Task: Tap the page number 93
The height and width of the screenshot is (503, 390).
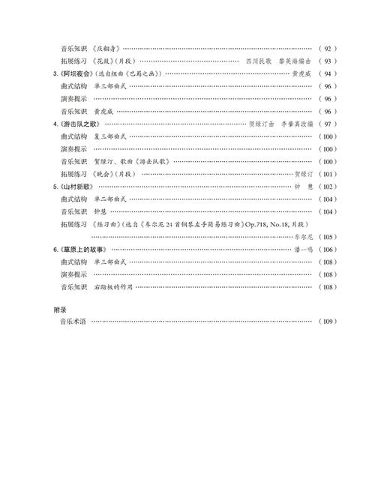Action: (328, 61)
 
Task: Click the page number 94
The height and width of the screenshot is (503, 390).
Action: (328, 73)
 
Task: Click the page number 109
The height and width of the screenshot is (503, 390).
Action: (328, 321)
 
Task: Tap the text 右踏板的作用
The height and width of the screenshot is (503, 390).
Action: (114, 287)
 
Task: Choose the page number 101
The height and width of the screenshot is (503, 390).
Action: (328, 174)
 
